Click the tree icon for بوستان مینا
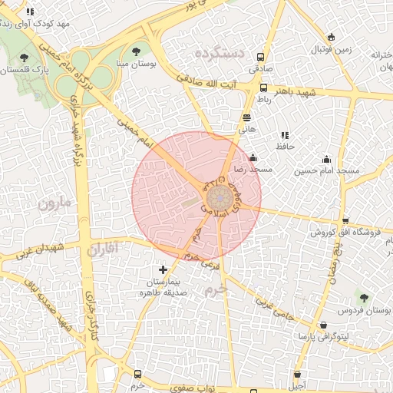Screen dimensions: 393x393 (136, 51)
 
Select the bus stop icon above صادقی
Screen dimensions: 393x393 (260, 57)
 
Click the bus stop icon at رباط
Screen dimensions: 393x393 (263, 88)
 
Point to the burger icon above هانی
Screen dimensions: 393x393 (246, 117)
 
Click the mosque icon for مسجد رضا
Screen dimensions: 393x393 (253, 157)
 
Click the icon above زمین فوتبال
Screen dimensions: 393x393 (331, 37)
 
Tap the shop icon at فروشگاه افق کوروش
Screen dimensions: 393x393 (345, 221)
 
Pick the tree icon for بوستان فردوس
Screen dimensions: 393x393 (363, 298)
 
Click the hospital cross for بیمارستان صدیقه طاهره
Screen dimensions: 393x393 (163, 270)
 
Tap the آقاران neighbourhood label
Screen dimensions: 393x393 (100, 249)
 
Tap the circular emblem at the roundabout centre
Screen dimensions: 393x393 (220, 197)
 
